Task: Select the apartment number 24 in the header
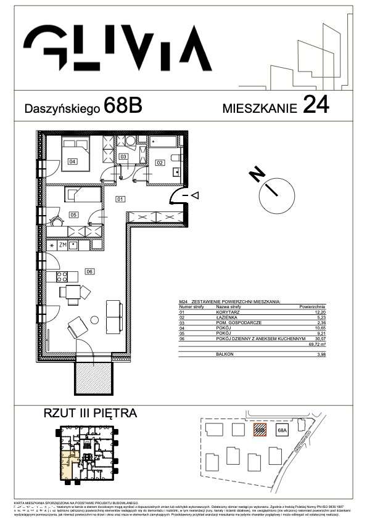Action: pyautogui.click(x=315, y=105)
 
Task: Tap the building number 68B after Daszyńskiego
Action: pyautogui.click(x=123, y=106)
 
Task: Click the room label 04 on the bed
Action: pyautogui.click(x=72, y=161)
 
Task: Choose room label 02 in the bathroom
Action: pyautogui.click(x=159, y=163)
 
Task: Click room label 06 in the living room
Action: pyautogui.click(x=89, y=271)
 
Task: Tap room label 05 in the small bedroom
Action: pyautogui.click(x=73, y=215)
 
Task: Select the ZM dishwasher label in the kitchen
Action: pyautogui.click(x=63, y=245)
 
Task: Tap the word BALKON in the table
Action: pyautogui.click(x=225, y=354)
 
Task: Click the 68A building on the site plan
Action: pyautogui.click(x=283, y=430)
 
